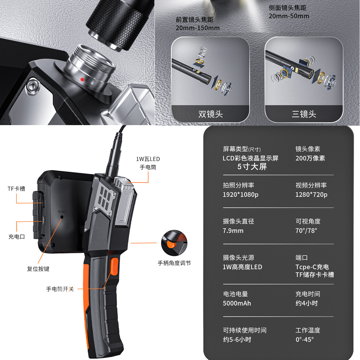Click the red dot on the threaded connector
pos(82,79)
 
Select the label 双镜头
pos(211,114)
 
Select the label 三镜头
pos(304,114)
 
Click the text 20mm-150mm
pos(197,28)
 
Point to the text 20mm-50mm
pos(289,16)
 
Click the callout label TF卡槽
pos(16,189)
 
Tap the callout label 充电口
pos(16,237)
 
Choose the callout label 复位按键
pos(38,269)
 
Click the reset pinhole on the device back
pos(62,217)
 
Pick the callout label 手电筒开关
pos(60,289)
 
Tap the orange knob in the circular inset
pos(171,244)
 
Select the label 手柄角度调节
pos(174,263)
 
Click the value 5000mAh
pos(237,303)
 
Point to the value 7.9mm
pos(233,231)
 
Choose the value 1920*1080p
pos(240,195)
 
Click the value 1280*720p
pos(311,195)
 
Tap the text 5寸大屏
pos(252,166)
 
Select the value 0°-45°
pos(304,339)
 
